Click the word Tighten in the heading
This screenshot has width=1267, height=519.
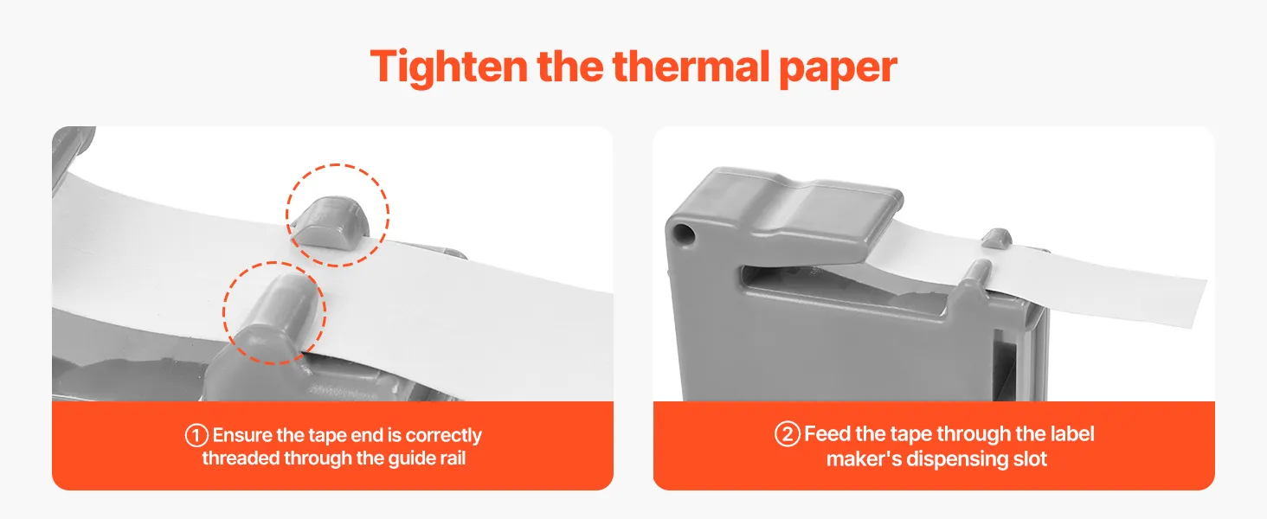point(449,67)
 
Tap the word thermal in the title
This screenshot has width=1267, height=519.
point(691,66)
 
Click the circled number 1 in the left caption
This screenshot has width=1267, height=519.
point(196,436)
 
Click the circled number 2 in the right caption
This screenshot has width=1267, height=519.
point(788,434)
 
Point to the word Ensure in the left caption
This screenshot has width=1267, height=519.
point(242,435)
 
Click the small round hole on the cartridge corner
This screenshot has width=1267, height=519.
point(682,233)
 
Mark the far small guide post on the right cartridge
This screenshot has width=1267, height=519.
point(997,238)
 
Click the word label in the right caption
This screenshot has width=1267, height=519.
point(1072,434)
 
